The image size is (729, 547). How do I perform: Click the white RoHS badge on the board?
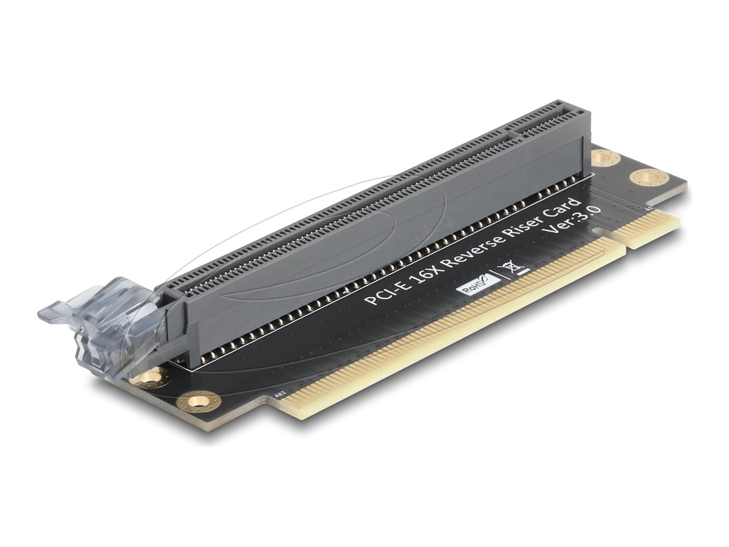[478, 285]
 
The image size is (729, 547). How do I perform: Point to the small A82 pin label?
[281, 394]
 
